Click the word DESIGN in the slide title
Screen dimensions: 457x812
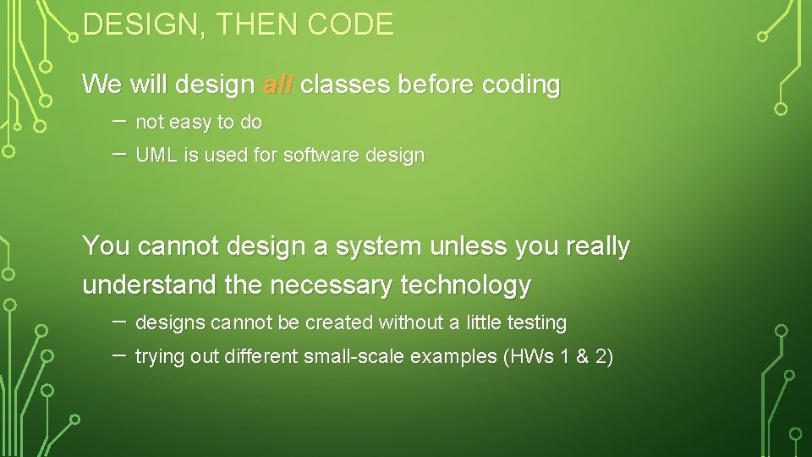(139, 25)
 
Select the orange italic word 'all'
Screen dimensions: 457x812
(277, 85)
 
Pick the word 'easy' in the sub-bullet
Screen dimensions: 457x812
(190, 123)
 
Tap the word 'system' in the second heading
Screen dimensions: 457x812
(378, 246)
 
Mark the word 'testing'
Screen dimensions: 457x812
(537, 323)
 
